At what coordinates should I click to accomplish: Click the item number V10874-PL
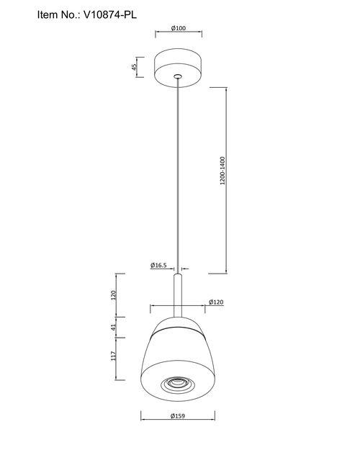110,14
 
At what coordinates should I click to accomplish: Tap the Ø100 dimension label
179,28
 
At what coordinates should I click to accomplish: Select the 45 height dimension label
134,67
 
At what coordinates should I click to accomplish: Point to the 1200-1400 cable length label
222,171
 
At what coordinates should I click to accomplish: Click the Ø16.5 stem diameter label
158,265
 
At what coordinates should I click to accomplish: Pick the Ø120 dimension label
216,302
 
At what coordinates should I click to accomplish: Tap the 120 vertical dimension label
113,295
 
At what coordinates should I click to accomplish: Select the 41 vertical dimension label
113,327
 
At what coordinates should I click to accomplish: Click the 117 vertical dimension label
114,356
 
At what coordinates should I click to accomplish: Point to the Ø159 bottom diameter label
178,416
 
